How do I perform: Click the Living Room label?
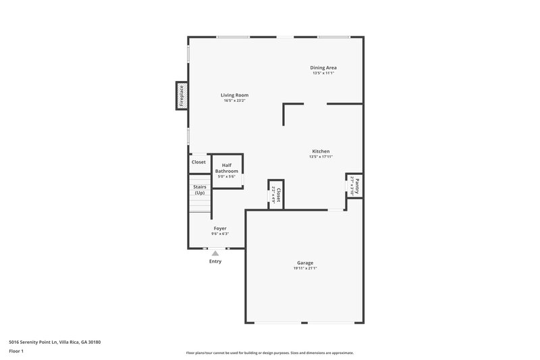click(x=234, y=95)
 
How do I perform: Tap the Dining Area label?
click(x=323, y=68)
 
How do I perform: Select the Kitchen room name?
click(x=321, y=151)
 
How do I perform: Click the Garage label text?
click(x=305, y=263)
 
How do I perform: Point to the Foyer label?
click(x=220, y=228)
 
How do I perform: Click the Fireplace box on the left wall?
click(x=182, y=95)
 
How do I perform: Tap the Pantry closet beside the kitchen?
click(x=356, y=185)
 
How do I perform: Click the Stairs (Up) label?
click(x=199, y=190)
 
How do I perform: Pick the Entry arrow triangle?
click(x=215, y=253)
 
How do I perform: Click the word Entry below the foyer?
click(x=215, y=261)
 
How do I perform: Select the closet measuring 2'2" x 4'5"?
click(x=275, y=195)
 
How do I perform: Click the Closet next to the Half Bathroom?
click(x=198, y=162)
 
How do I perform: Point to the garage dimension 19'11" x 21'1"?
click(x=305, y=268)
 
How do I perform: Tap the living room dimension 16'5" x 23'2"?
click(x=234, y=101)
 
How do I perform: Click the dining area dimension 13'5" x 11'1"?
click(x=323, y=73)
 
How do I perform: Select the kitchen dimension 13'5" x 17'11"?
click(x=321, y=156)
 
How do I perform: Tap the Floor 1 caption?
click(x=16, y=351)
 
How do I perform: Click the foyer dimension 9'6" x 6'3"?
click(x=220, y=234)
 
